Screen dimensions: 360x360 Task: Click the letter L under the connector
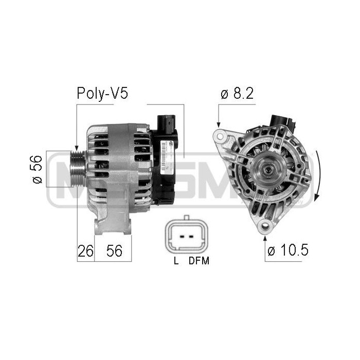tap(176, 261)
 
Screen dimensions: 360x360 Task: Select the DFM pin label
tap(199, 261)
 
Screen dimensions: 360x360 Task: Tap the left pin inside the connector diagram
tap(181, 237)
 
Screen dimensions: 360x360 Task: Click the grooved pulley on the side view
tap(78, 169)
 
